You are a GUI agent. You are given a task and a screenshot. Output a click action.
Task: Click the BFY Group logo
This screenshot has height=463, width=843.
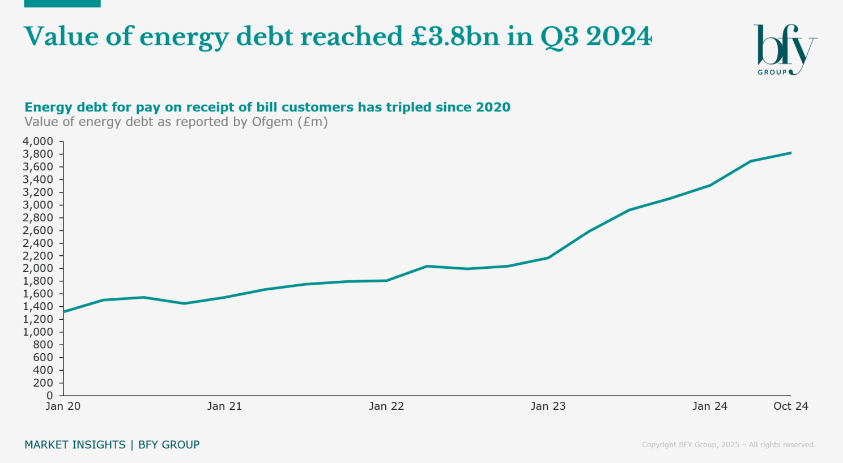click(x=785, y=50)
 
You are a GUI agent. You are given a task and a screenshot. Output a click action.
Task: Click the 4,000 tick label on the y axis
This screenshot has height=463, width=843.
click(x=38, y=142)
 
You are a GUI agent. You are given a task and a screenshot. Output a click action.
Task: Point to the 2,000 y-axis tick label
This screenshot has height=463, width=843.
click(x=38, y=268)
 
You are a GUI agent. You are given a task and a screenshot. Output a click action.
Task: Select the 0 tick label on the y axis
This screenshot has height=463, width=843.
click(x=50, y=396)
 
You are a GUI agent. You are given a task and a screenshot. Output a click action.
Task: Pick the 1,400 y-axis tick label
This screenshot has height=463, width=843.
click(x=38, y=306)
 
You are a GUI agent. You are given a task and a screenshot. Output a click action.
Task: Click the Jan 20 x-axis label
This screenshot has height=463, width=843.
click(x=63, y=406)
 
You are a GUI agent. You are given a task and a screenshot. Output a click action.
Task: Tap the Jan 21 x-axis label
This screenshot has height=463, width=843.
click(x=224, y=406)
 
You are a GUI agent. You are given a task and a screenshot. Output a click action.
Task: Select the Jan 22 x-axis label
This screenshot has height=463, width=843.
click(x=386, y=406)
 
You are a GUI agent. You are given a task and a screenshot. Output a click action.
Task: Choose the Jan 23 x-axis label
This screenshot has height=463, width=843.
click(x=548, y=406)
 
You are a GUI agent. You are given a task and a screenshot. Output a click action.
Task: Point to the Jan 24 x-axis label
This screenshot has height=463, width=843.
click(x=709, y=406)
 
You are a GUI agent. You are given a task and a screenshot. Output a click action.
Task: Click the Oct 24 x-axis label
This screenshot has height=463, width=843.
click(x=790, y=406)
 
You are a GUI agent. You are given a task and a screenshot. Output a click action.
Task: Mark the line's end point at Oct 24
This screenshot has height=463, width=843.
click(x=790, y=153)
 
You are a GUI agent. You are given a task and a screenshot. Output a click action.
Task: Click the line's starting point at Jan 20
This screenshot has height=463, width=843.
click(x=63, y=312)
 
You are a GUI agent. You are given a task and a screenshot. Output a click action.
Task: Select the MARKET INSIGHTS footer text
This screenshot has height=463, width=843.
click(x=75, y=445)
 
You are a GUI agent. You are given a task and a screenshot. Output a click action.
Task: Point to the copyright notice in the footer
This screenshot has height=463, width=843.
click(x=729, y=445)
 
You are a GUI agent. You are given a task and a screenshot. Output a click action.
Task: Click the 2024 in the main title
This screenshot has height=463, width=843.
click(x=619, y=37)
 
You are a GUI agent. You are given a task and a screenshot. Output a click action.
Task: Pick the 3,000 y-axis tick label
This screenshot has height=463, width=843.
click(x=38, y=205)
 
